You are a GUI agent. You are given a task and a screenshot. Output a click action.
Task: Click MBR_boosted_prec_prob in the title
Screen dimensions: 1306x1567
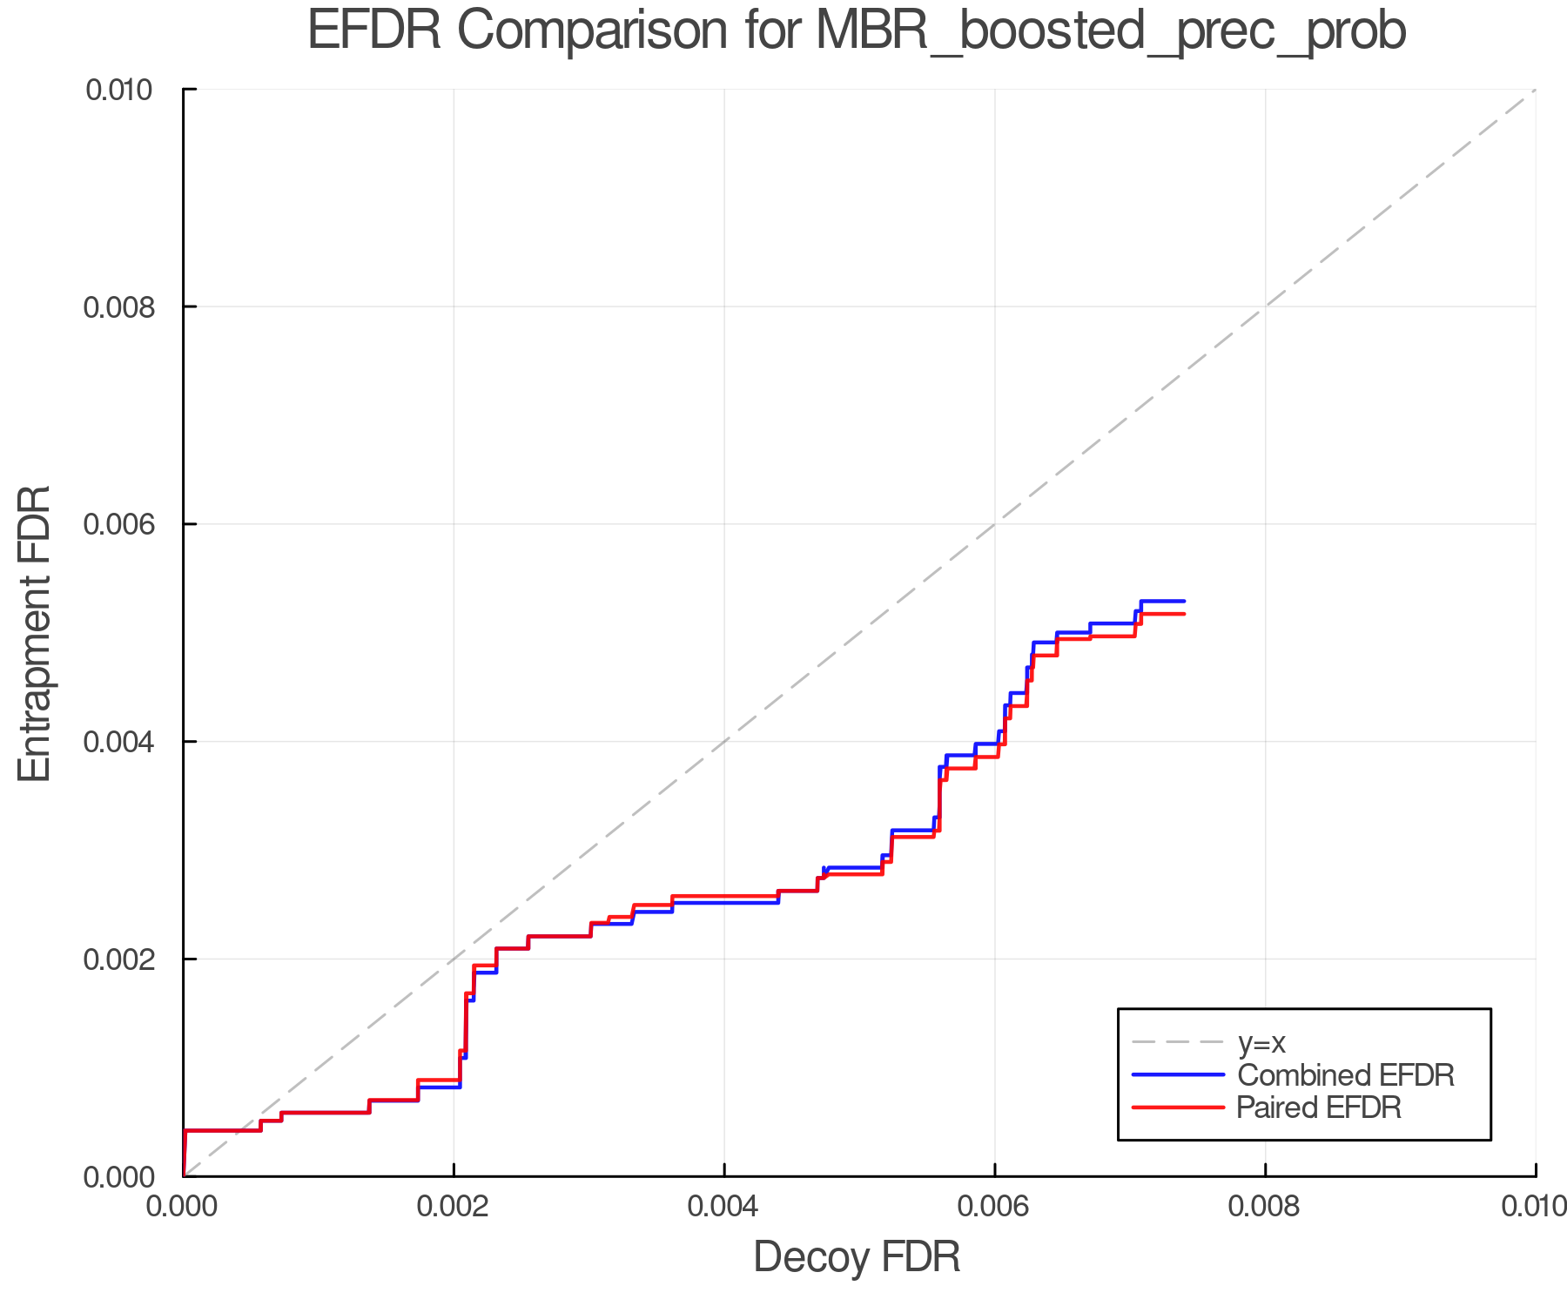[x=1111, y=32]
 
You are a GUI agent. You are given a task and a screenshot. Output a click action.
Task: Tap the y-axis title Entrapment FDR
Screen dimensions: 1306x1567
[x=35, y=633]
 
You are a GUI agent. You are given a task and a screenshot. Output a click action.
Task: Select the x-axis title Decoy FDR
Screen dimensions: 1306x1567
[x=857, y=1256]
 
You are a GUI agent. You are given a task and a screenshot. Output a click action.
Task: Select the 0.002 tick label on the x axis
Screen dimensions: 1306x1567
[x=454, y=1206]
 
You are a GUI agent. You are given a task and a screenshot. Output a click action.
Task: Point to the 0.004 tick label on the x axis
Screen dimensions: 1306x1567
[x=724, y=1206]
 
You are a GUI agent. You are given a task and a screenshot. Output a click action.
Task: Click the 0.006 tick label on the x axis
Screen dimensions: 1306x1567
[x=994, y=1206]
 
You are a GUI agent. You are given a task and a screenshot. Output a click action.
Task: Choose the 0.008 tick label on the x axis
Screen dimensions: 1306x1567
[x=1265, y=1206]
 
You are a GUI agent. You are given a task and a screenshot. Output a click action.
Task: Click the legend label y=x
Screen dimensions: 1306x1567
[x=1261, y=1042]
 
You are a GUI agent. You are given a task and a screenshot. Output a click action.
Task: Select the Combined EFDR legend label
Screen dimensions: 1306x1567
[x=1346, y=1074]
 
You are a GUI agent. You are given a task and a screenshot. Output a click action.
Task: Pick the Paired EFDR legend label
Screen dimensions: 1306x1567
[x=1319, y=1107]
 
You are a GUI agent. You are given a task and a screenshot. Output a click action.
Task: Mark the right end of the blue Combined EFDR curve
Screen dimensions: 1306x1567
[x=1184, y=601]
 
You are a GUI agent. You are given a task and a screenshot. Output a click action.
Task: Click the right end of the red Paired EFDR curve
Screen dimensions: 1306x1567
[x=1184, y=614]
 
